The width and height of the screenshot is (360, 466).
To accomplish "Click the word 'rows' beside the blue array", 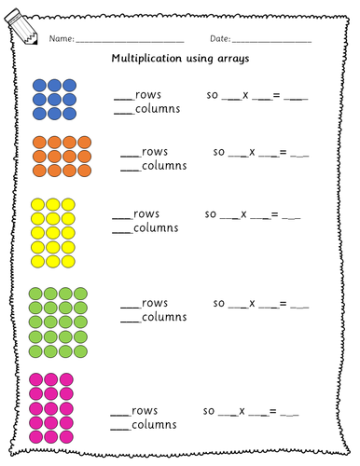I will tap(148, 95).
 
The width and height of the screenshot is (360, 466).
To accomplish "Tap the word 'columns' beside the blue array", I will tap(157, 109).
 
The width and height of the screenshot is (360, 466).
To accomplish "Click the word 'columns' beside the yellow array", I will tap(156, 228).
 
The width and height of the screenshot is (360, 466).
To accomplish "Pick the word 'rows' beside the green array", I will tap(155, 303).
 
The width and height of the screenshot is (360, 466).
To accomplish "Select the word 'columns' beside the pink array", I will tap(154, 427).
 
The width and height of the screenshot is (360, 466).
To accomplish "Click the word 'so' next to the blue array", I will tap(211, 95).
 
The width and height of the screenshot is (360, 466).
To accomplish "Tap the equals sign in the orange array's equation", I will tap(277, 152).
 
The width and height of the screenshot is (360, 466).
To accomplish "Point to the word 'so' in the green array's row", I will tap(219, 303).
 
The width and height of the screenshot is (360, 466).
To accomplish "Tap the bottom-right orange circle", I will tap(86, 171).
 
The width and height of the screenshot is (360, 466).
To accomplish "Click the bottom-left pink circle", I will tap(38, 437).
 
